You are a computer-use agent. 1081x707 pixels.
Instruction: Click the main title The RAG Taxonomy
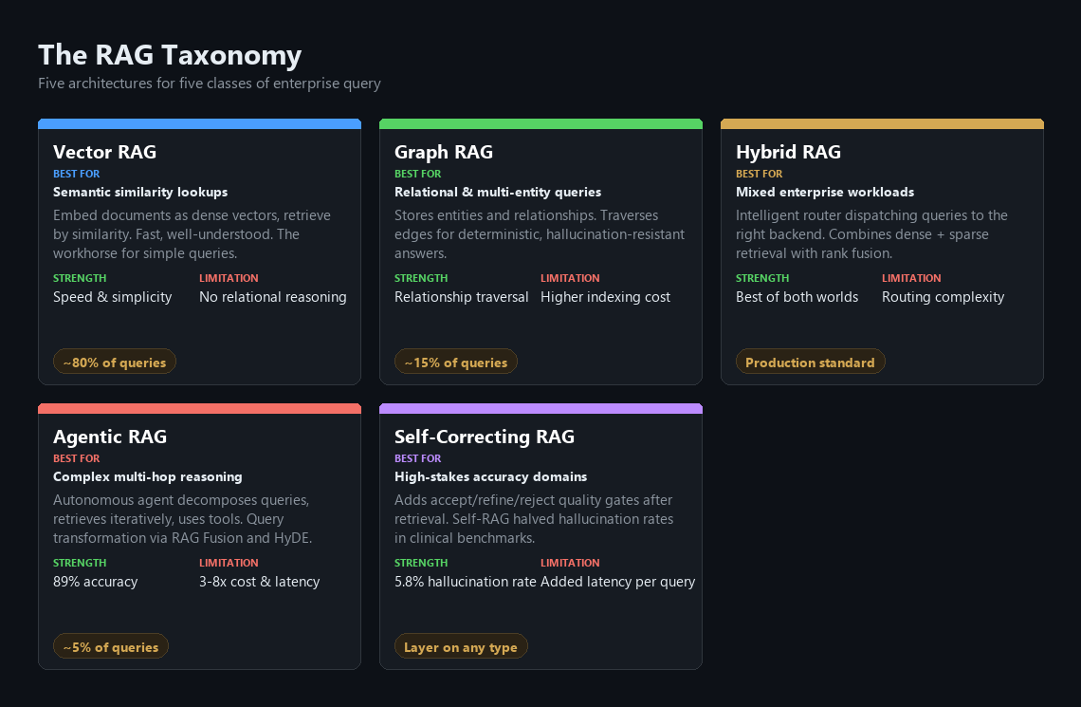point(170,55)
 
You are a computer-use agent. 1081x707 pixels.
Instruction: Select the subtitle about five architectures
point(209,84)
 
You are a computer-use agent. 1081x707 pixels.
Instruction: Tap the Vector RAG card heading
point(105,152)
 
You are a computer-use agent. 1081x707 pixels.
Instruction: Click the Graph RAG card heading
point(443,153)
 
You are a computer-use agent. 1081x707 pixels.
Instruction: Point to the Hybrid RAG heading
point(788,153)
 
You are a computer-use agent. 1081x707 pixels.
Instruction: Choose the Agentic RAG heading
point(110,437)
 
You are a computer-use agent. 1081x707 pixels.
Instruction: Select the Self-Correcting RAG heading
point(484,437)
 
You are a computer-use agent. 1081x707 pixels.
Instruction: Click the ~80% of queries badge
point(115,362)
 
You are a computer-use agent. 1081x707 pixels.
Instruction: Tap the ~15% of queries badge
point(456,362)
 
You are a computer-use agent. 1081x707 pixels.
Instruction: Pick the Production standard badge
point(810,362)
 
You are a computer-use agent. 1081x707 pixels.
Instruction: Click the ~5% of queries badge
point(110,646)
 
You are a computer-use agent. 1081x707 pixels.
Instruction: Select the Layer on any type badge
point(461,646)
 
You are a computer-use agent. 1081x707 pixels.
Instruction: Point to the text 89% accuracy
point(95,582)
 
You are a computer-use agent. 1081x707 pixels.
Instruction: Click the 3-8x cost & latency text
point(259,582)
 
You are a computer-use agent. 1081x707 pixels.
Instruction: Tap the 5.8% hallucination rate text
point(466,582)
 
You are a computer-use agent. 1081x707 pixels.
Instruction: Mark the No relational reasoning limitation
point(273,297)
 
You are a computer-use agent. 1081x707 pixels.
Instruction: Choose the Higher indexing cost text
point(605,297)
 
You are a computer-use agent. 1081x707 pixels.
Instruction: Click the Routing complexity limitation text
point(944,297)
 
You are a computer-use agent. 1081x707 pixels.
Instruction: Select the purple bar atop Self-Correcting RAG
point(540,408)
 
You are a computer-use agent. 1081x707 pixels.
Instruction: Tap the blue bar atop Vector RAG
point(199,123)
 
